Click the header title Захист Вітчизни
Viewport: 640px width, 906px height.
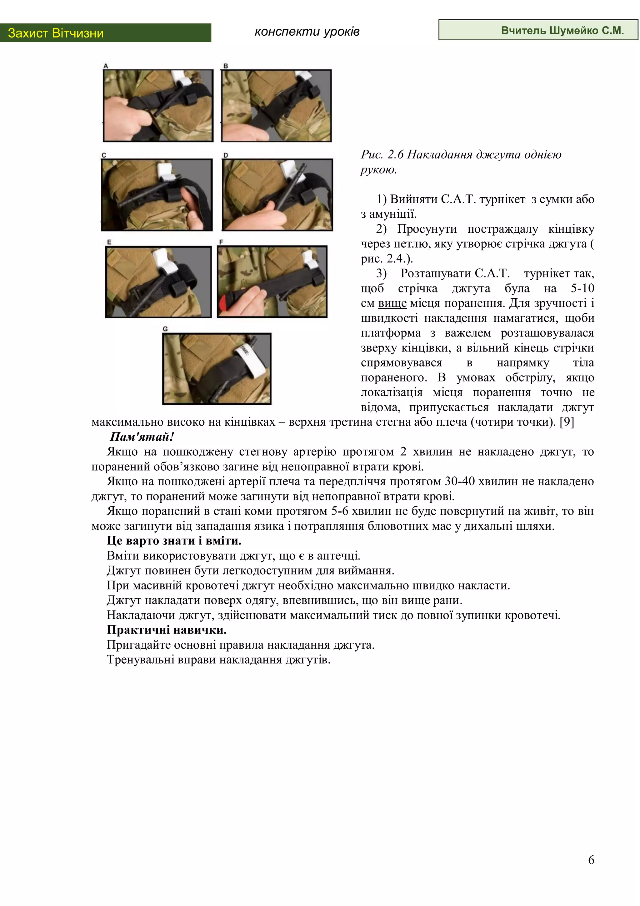[56, 33]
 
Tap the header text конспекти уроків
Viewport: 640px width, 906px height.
[307, 32]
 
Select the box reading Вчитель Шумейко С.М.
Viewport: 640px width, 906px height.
[538, 30]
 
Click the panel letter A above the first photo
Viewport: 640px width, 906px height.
[106, 66]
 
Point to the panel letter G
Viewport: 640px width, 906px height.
[165, 329]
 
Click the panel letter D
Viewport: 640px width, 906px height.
[226, 155]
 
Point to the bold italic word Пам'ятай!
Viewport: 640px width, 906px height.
[142, 437]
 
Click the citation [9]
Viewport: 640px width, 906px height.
[567, 422]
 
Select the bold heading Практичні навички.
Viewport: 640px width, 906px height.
[167, 630]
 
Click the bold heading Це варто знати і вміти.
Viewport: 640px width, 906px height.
[174, 541]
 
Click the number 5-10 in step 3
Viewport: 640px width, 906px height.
[582, 288]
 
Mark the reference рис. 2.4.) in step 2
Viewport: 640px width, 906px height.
[387, 258]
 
